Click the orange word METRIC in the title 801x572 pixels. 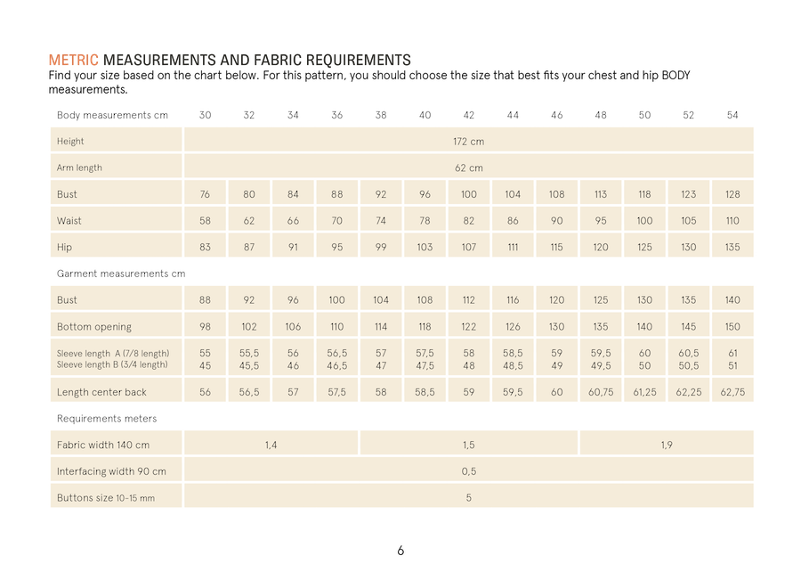click(73, 61)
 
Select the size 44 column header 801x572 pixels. click(513, 115)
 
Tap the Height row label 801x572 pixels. click(70, 141)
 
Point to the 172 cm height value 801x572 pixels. click(468, 141)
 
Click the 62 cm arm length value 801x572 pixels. click(468, 168)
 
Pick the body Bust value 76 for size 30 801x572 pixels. click(205, 194)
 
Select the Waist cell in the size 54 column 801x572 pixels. click(732, 221)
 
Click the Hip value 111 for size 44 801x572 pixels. click(513, 248)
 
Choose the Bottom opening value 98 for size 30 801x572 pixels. click(205, 327)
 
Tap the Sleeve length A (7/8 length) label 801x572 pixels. click(113, 354)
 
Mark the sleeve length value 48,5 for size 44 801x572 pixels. click(513, 365)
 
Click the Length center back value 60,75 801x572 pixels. click(601, 392)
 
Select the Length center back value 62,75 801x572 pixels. click(732, 392)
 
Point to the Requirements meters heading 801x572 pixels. click(107, 418)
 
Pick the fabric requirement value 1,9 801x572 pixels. click(667, 445)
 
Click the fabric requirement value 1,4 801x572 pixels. click(271, 445)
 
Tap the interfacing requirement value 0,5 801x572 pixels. click(468, 471)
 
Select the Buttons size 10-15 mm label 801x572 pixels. click(106, 498)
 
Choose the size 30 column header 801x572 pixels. click(205, 115)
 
